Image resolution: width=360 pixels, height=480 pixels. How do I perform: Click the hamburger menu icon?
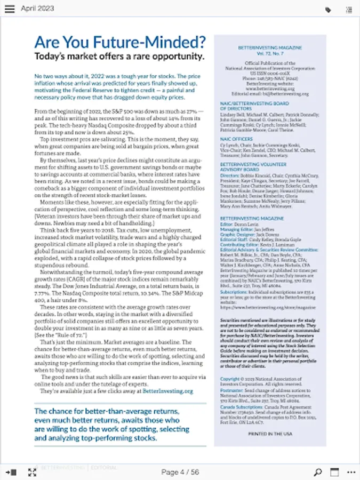[x=10, y=9]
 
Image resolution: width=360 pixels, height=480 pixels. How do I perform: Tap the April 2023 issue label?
[x=38, y=9]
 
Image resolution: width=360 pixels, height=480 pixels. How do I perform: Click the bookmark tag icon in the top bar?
[x=327, y=10]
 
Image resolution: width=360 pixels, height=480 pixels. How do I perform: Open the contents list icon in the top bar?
[x=349, y=10]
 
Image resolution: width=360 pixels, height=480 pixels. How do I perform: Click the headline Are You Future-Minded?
[x=120, y=42]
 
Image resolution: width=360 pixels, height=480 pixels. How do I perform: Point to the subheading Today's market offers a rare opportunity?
[x=119, y=57]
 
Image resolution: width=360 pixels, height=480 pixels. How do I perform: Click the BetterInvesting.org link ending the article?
[x=167, y=391]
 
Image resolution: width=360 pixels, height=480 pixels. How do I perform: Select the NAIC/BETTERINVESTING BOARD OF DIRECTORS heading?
[x=254, y=106]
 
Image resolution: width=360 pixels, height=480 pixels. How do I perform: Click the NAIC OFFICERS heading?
[x=237, y=139]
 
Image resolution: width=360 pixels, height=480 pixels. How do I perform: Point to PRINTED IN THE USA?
[x=270, y=434]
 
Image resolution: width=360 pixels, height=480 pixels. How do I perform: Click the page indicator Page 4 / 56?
[x=180, y=472]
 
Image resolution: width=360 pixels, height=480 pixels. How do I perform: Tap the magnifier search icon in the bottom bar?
[x=318, y=472]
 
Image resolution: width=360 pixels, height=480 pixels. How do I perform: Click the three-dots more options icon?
[x=350, y=472]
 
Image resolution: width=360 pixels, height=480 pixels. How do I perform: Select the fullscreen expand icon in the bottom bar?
[x=32, y=472]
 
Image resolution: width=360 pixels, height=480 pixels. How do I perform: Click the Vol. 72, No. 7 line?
[x=270, y=53]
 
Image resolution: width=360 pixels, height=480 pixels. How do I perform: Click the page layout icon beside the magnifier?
[x=334, y=472]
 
